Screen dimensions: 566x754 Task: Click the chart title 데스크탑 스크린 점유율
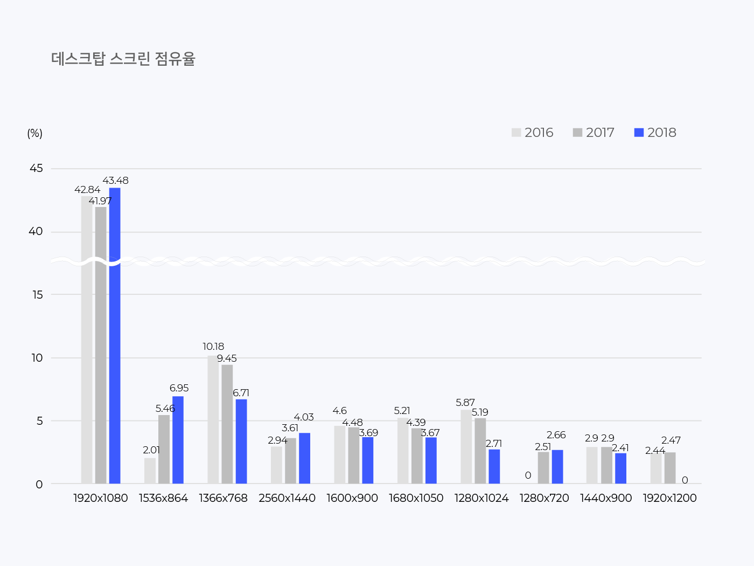pos(123,59)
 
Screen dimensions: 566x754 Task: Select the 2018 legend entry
pos(655,133)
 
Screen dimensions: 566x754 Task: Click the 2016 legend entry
pos(532,133)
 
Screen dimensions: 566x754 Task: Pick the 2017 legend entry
pos(594,133)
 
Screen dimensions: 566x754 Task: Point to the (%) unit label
pos(34,133)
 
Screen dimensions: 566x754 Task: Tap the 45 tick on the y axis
pos(36,169)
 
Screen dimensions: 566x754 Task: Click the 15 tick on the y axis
pos(37,295)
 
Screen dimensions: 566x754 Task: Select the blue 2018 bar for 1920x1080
pos(115,334)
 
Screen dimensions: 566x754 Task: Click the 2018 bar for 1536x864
pos(178,439)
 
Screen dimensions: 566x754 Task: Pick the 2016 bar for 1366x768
pos(213,419)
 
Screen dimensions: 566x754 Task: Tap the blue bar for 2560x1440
pos(304,458)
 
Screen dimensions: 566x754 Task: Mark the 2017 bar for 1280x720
pos(543,467)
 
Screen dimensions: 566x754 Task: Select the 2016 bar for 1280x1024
pos(466,446)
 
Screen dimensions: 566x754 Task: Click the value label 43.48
pos(115,181)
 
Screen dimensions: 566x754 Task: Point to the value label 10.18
pos(213,347)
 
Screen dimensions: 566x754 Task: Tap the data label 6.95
pos(179,388)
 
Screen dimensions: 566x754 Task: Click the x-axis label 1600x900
pos(352,498)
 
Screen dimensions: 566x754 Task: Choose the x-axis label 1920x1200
pos(669,498)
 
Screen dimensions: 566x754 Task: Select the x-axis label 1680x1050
pos(416,498)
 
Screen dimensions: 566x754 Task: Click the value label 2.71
pos(494,444)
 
